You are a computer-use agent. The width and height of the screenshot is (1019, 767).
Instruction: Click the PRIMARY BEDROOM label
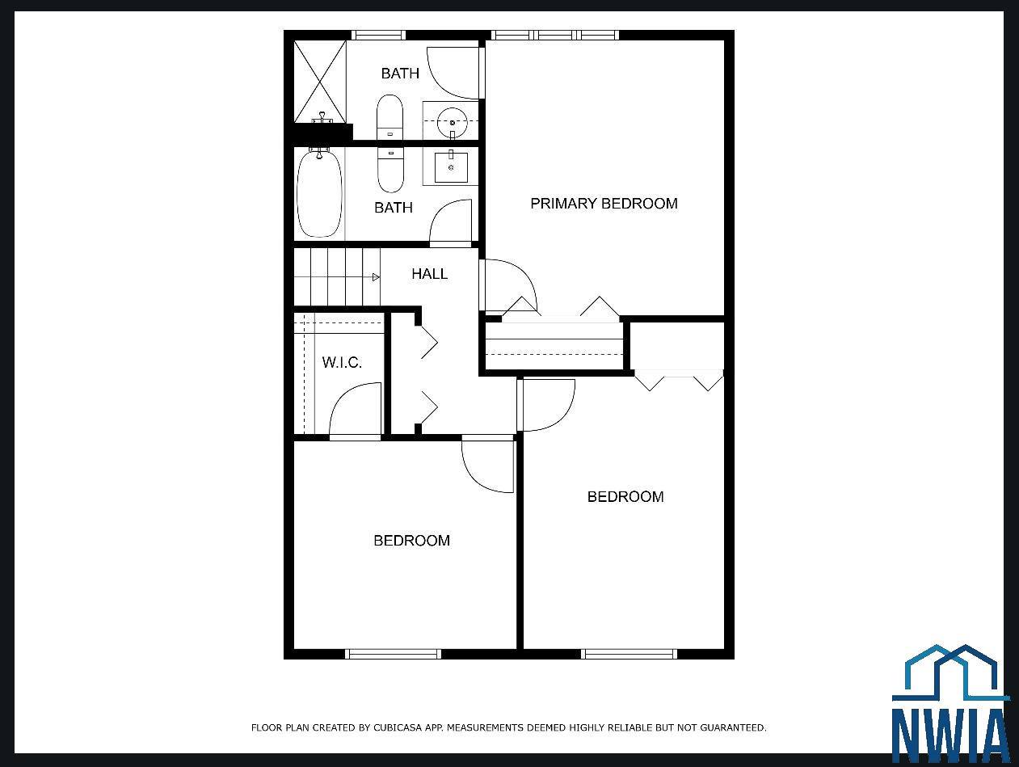pos(604,204)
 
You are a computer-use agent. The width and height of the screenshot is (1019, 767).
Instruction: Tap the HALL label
pos(429,274)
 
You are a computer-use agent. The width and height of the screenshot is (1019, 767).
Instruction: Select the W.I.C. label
pos(342,362)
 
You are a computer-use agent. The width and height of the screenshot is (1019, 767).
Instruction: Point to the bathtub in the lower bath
pos(319,192)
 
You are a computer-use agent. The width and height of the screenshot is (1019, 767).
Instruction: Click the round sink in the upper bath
pos(452,122)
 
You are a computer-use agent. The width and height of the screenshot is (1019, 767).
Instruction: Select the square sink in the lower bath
pos(451,166)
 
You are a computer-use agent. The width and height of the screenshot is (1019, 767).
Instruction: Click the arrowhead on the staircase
pos(376,277)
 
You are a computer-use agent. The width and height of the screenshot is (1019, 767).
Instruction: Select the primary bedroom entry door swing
pos(509,284)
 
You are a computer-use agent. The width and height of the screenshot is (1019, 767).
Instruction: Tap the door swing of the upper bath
pos(453,73)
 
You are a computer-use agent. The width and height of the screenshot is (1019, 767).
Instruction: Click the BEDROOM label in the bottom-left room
pos(411,541)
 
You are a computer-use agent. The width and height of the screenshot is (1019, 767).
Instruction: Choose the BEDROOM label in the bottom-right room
pos(625,497)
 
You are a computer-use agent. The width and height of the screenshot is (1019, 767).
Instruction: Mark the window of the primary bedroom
pos(554,35)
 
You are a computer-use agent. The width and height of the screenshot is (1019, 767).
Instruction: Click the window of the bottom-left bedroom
pos(394,654)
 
